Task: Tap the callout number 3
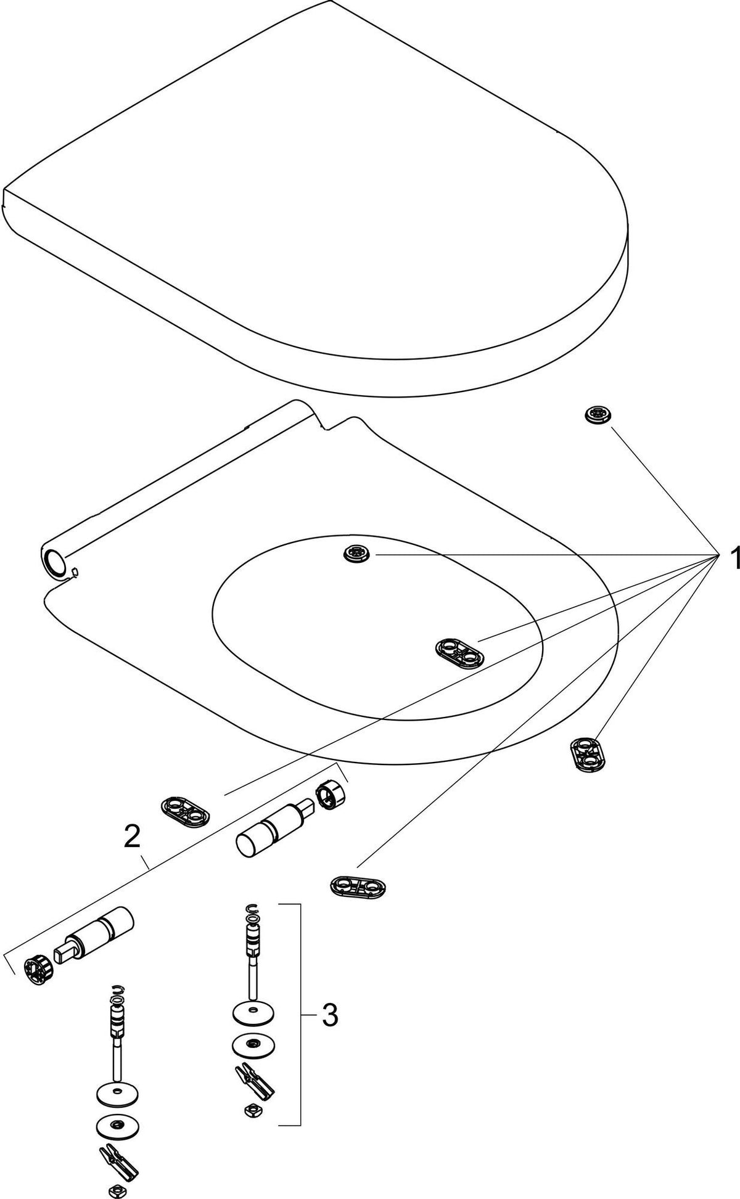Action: (330, 1015)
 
